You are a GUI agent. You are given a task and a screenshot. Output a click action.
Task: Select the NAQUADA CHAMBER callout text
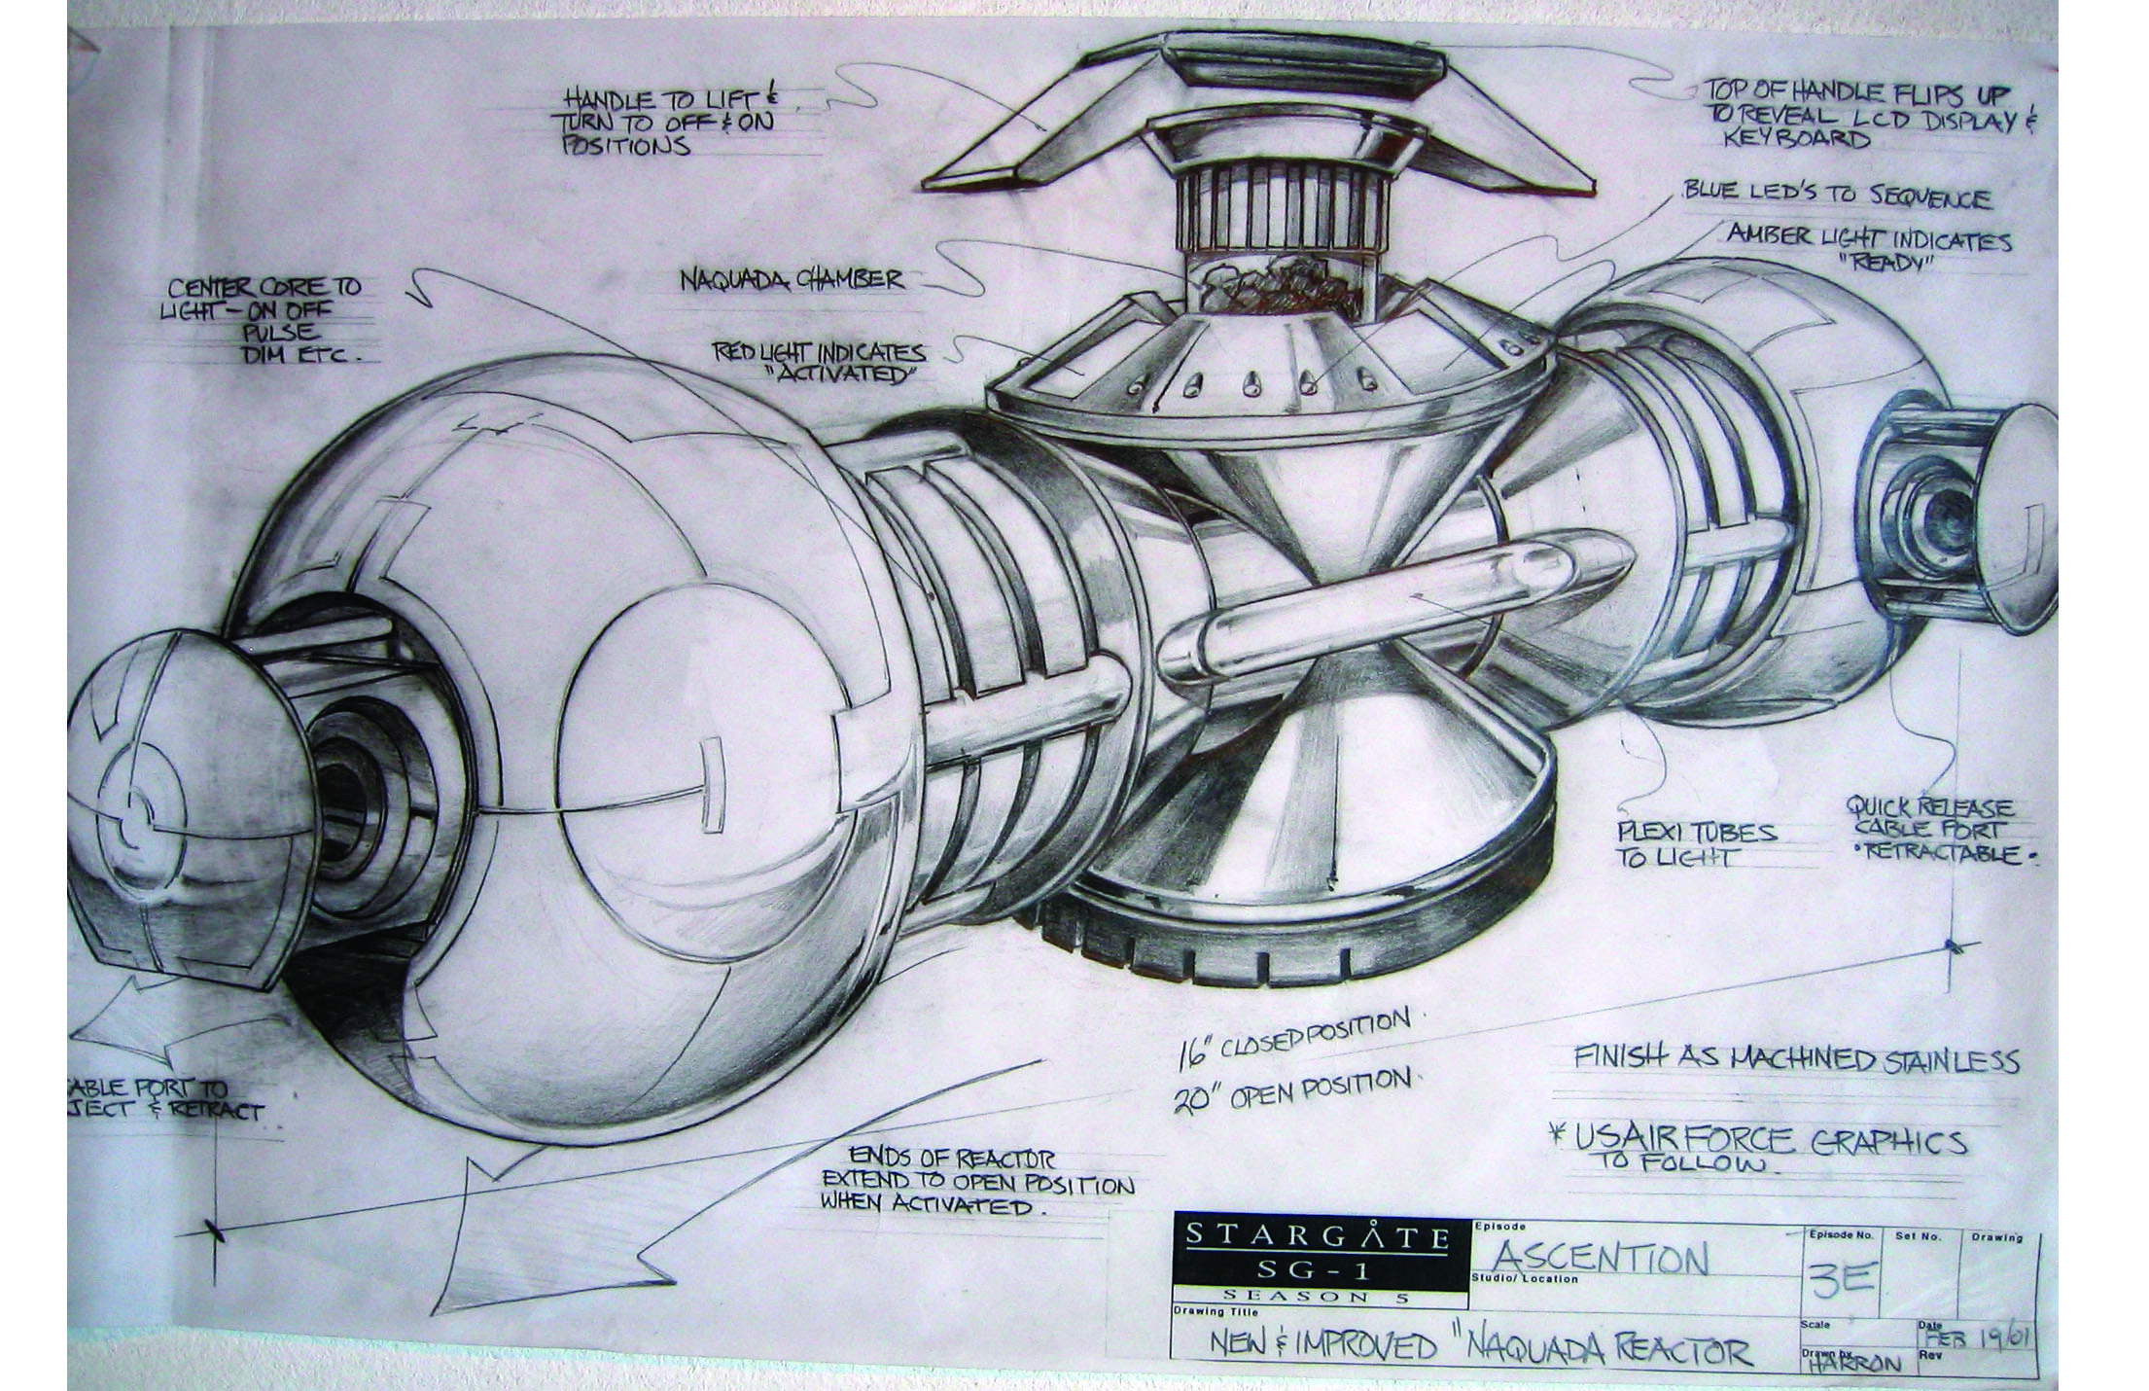pyautogui.click(x=791, y=281)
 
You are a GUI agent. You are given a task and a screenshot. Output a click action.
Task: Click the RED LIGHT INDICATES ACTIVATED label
pyautogui.click(x=819, y=362)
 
